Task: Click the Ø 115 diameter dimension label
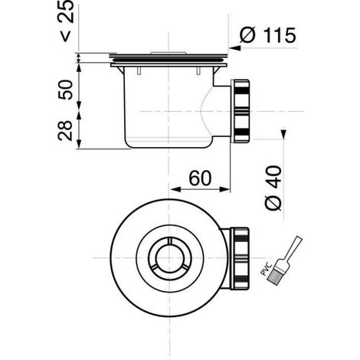[x=268, y=35]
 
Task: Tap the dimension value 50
[x=65, y=90]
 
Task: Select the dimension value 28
[x=65, y=130]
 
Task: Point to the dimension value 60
[x=200, y=178]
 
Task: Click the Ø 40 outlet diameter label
[x=273, y=188]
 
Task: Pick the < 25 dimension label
[x=67, y=21]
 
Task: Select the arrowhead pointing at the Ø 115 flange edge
[x=234, y=47]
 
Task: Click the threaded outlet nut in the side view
[x=240, y=111]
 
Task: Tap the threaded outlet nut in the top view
[x=240, y=258]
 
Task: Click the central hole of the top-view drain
[x=169, y=258]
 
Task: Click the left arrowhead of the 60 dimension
[x=175, y=189]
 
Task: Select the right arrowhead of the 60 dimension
[x=224, y=189]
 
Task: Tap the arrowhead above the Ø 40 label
[x=283, y=133]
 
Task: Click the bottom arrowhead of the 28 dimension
[x=79, y=143]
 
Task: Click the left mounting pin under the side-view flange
[x=139, y=70]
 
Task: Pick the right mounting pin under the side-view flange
[x=198, y=70]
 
